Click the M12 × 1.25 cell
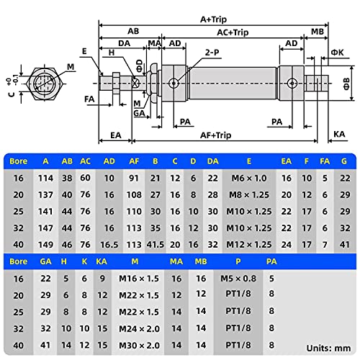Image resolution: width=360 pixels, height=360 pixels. (x=248, y=244)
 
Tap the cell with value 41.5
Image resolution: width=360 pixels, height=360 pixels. (x=154, y=244)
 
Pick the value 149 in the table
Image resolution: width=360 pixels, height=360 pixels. (x=46, y=244)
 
